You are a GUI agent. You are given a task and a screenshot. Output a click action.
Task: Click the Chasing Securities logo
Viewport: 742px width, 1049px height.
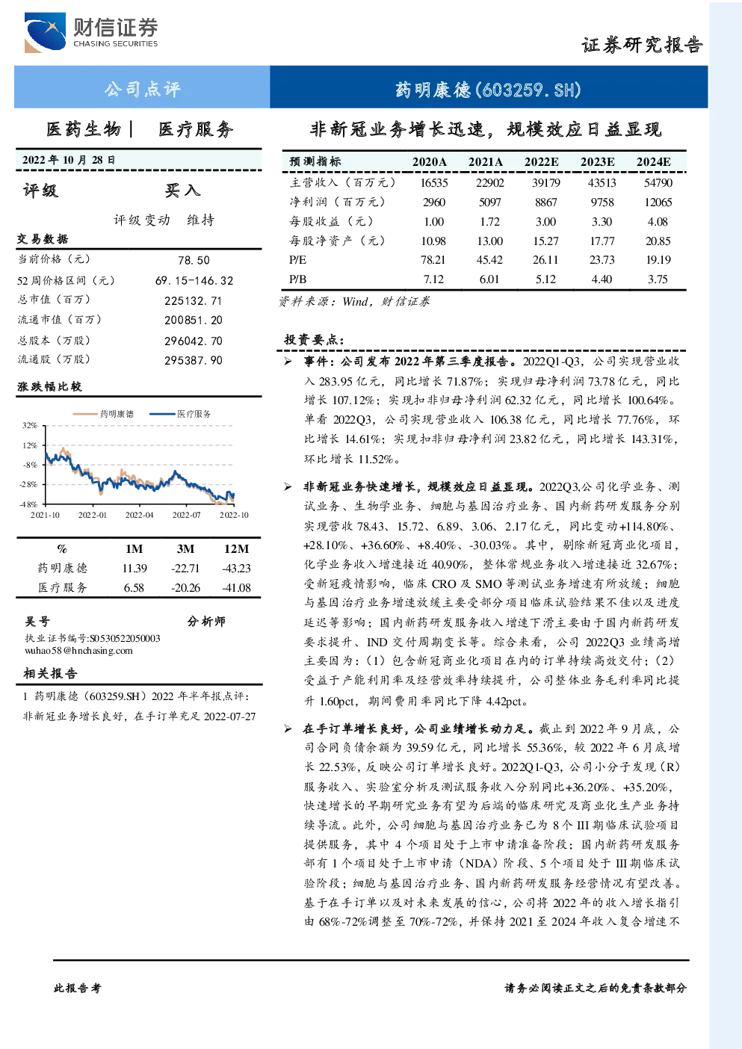click(91, 32)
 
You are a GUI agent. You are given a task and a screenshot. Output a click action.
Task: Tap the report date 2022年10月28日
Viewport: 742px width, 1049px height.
click(69, 160)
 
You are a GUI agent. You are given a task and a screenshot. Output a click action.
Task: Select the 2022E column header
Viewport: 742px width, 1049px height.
click(541, 161)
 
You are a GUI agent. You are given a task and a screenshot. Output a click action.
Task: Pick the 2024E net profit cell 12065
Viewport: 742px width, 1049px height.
click(658, 202)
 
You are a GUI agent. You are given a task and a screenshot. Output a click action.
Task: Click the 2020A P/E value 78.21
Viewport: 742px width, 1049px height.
click(434, 260)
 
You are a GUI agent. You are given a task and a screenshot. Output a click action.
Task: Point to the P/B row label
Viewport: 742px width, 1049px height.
click(298, 279)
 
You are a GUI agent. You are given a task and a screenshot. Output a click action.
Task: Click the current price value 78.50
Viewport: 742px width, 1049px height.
click(194, 260)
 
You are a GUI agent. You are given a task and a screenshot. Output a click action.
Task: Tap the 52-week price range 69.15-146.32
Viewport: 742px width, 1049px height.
click(194, 280)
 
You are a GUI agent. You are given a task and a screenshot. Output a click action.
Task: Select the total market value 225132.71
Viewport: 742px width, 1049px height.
click(193, 300)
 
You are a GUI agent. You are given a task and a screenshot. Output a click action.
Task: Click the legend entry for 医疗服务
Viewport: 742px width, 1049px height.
click(180, 414)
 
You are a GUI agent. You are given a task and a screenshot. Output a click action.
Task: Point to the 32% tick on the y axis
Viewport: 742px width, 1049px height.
click(29, 425)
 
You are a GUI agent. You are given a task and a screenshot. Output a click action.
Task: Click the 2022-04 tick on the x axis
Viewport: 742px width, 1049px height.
click(139, 515)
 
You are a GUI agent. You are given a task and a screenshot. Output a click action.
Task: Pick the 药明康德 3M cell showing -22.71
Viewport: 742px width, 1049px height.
click(185, 568)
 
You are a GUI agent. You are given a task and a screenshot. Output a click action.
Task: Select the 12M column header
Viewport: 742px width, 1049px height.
click(236, 549)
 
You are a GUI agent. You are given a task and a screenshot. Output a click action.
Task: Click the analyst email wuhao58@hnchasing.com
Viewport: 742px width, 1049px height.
click(78, 651)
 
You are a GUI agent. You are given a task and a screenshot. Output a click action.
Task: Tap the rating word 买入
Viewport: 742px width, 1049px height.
click(182, 190)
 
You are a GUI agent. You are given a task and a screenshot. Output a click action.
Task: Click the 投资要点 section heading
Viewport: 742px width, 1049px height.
click(314, 339)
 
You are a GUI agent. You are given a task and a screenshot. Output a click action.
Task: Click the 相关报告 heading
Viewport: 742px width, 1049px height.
click(50, 673)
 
